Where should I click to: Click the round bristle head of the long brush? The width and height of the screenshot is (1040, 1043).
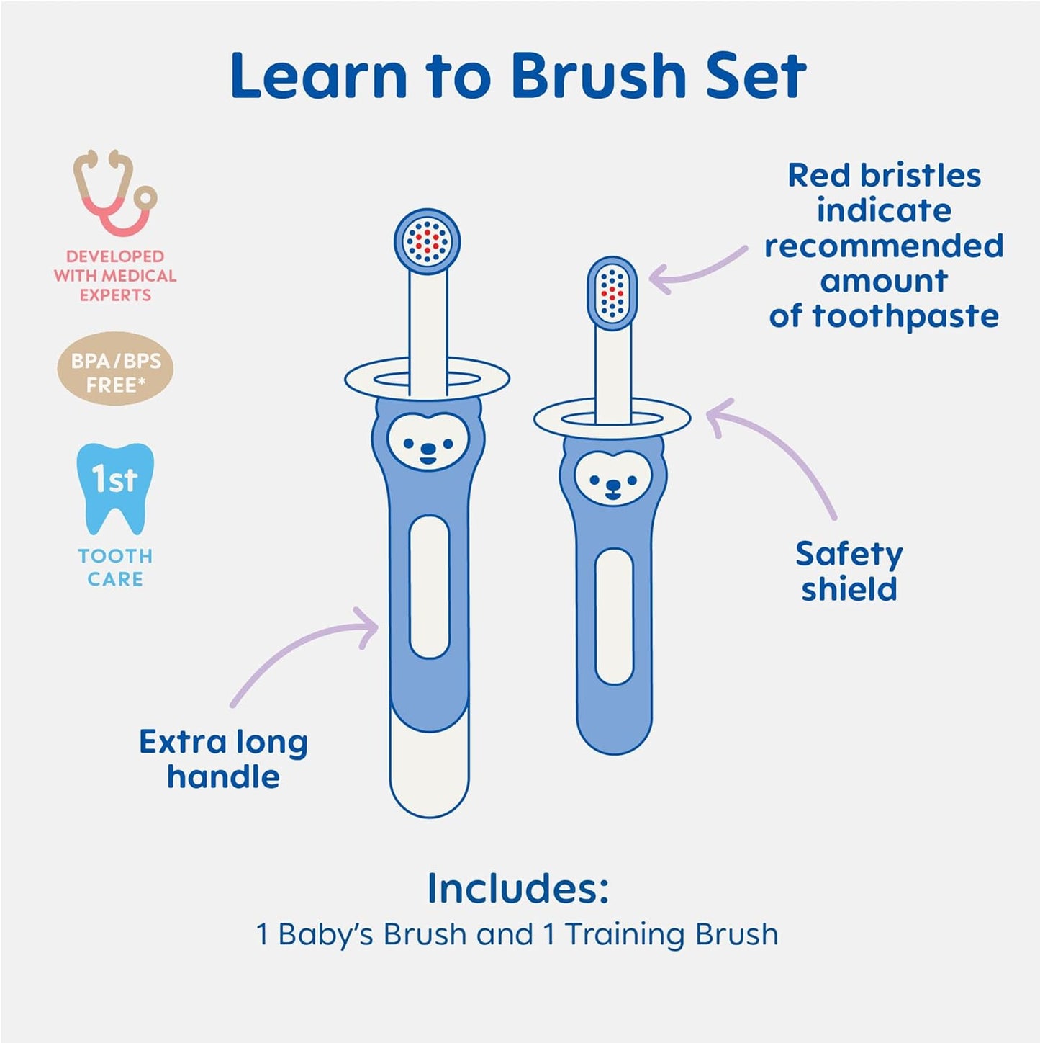click(x=427, y=241)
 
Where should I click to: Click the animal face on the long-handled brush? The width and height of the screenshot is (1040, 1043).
click(x=428, y=444)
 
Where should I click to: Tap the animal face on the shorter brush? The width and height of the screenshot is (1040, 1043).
click(x=613, y=478)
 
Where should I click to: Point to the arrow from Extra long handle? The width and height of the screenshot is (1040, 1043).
click(x=302, y=655)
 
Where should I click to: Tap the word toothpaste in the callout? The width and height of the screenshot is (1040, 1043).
click(x=905, y=316)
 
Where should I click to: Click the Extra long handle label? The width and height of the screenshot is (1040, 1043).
click(x=223, y=759)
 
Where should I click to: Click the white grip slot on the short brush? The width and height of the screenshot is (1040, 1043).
click(x=614, y=616)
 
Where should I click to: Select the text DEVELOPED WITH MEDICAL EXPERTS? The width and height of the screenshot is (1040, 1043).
click(x=115, y=276)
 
